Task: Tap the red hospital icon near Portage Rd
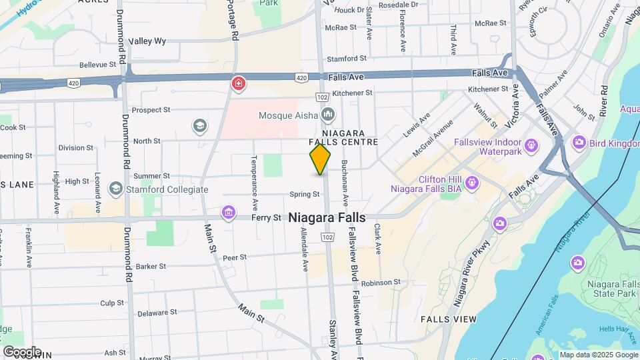[x=237, y=83]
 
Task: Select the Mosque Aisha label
[x=287, y=116]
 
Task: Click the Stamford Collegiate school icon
[x=115, y=189]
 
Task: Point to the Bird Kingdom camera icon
[x=578, y=141]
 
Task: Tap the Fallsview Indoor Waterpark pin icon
[x=531, y=145]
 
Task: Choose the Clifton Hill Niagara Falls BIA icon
[x=472, y=181]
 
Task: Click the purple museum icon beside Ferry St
[x=229, y=213]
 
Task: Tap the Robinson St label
[x=381, y=282]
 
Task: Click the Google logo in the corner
[x=22, y=351]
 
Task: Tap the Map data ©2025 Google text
[x=598, y=355]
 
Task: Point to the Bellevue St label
[x=98, y=65]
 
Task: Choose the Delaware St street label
[x=157, y=312]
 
